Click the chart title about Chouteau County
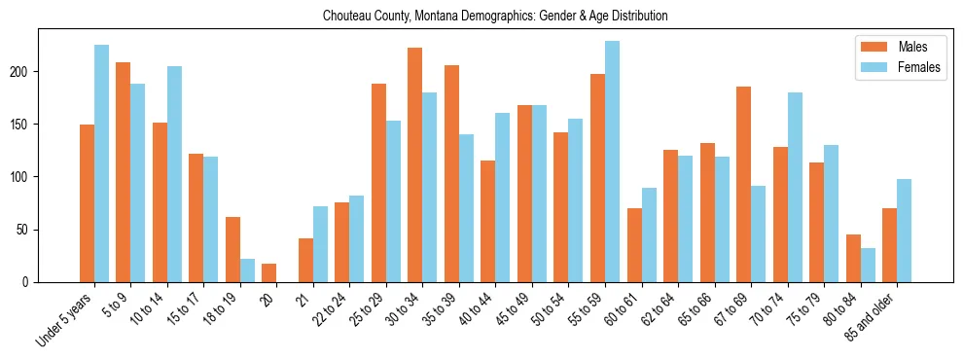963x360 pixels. pyautogui.click(x=482, y=17)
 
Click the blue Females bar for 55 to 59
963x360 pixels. pyautogui.click(x=612, y=162)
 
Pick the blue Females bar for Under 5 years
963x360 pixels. pyautogui.click(x=101, y=163)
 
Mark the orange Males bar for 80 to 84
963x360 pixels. pyautogui.click(x=853, y=259)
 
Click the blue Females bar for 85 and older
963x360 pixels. pyautogui.click(x=904, y=231)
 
